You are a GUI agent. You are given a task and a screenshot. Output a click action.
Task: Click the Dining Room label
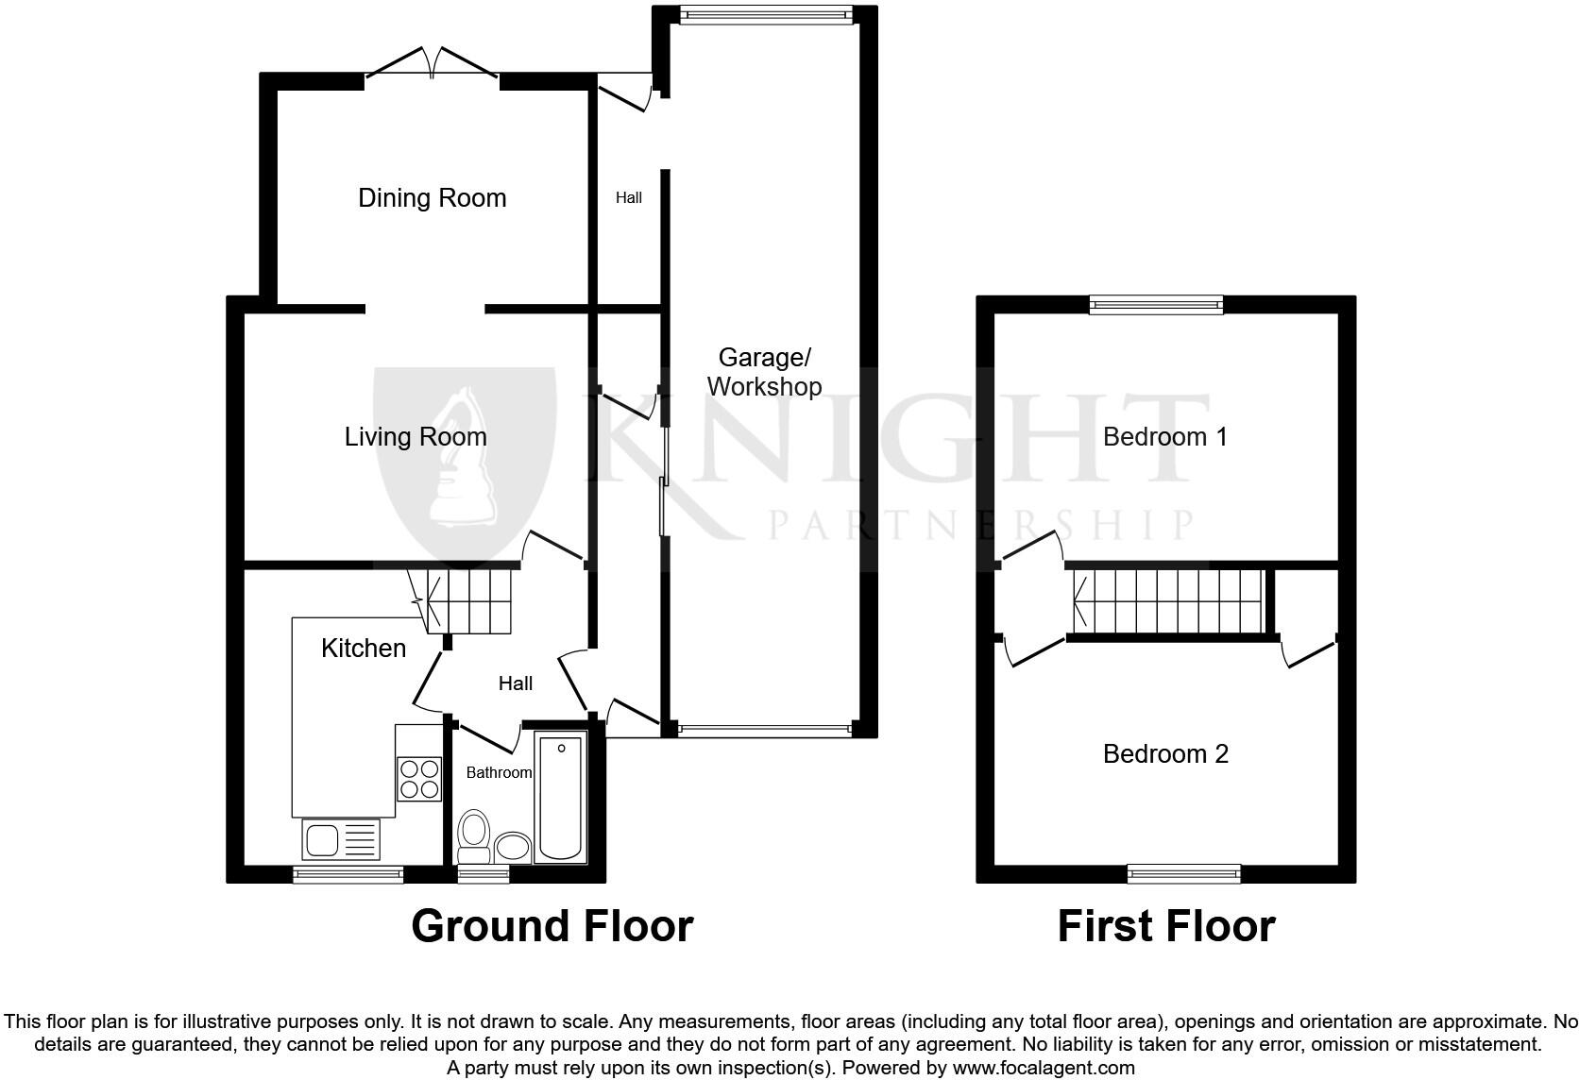pyautogui.click(x=432, y=198)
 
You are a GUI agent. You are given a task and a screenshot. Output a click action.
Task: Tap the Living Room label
pyautogui.click(x=416, y=437)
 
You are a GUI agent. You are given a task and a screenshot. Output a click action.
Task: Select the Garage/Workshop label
pyautogui.click(x=764, y=372)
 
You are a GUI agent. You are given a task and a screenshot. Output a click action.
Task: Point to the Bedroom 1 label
pyautogui.click(x=1164, y=437)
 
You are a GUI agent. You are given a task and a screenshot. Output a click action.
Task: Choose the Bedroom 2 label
pyautogui.click(x=1165, y=754)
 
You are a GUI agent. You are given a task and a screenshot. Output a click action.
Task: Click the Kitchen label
pyautogui.click(x=364, y=649)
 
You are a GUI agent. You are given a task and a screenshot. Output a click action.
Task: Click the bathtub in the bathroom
pyautogui.click(x=561, y=799)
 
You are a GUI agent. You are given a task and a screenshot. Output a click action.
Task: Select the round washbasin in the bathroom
pyautogui.click(x=513, y=847)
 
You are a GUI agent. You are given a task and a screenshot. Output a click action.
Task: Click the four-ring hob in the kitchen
pyautogui.click(x=419, y=779)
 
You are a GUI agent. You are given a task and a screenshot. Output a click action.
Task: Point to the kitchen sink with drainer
pyautogui.click(x=340, y=838)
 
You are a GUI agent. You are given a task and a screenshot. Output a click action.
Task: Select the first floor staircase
pyautogui.click(x=1169, y=601)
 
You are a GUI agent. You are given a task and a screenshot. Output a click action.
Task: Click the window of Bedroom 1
pyautogui.click(x=1155, y=304)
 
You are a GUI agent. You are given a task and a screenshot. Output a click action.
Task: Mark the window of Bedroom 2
pyautogui.click(x=1183, y=873)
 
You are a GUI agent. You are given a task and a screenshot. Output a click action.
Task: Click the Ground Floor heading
pyautogui.click(x=552, y=926)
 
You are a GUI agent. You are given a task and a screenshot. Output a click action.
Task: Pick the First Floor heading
pyautogui.click(x=1165, y=926)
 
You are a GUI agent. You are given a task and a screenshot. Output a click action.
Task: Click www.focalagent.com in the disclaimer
pyautogui.click(x=1043, y=1069)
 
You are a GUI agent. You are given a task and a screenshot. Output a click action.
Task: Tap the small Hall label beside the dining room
pyautogui.click(x=629, y=198)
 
